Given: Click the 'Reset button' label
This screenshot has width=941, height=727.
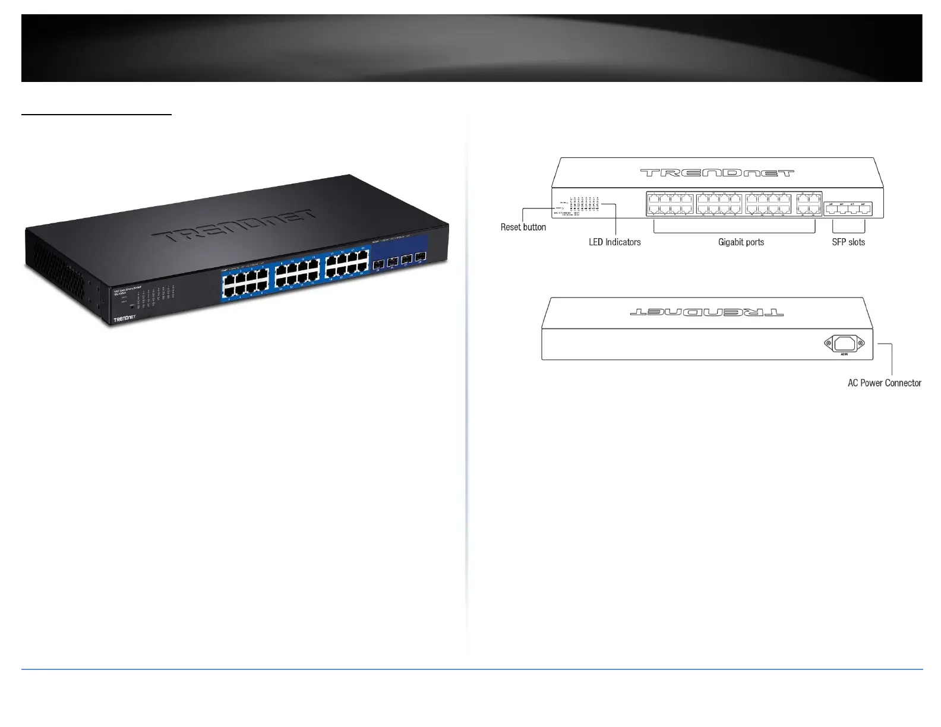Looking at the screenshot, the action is click(x=523, y=227).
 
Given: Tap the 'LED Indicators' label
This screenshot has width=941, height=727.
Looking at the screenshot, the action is click(x=614, y=242).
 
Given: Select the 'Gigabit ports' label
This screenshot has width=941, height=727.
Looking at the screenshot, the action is click(x=741, y=242).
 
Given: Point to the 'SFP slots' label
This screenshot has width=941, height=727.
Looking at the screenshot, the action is click(x=848, y=242).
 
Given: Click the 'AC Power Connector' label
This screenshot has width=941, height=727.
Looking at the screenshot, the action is click(x=884, y=383).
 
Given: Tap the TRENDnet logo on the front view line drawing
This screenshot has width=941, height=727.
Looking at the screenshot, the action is click(x=716, y=173).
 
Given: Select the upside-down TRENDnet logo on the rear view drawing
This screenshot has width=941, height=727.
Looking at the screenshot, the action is click(x=706, y=311).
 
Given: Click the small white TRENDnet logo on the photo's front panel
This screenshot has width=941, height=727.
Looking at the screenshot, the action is click(x=128, y=321).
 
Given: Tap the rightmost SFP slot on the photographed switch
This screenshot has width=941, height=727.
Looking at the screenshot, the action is click(x=421, y=257).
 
